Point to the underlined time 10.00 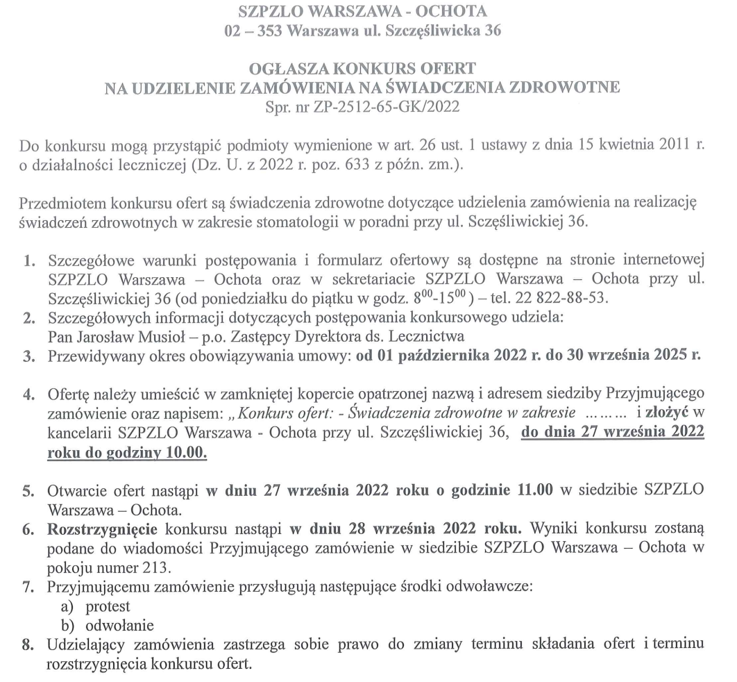189,451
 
